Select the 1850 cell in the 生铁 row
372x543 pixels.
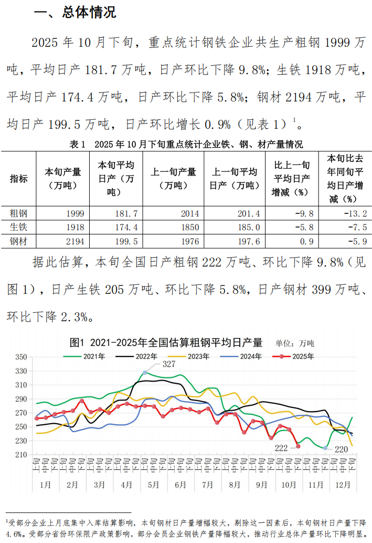coord(189,227)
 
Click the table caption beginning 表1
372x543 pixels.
coord(186,145)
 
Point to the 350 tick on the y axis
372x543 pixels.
coord(21,357)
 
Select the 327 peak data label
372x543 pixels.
coord(168,364)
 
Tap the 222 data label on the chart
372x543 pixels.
coord(281,448)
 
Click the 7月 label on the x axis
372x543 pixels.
coord(207,484)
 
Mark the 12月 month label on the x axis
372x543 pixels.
coord(342,484)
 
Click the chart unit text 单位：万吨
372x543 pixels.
coord(295,343)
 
